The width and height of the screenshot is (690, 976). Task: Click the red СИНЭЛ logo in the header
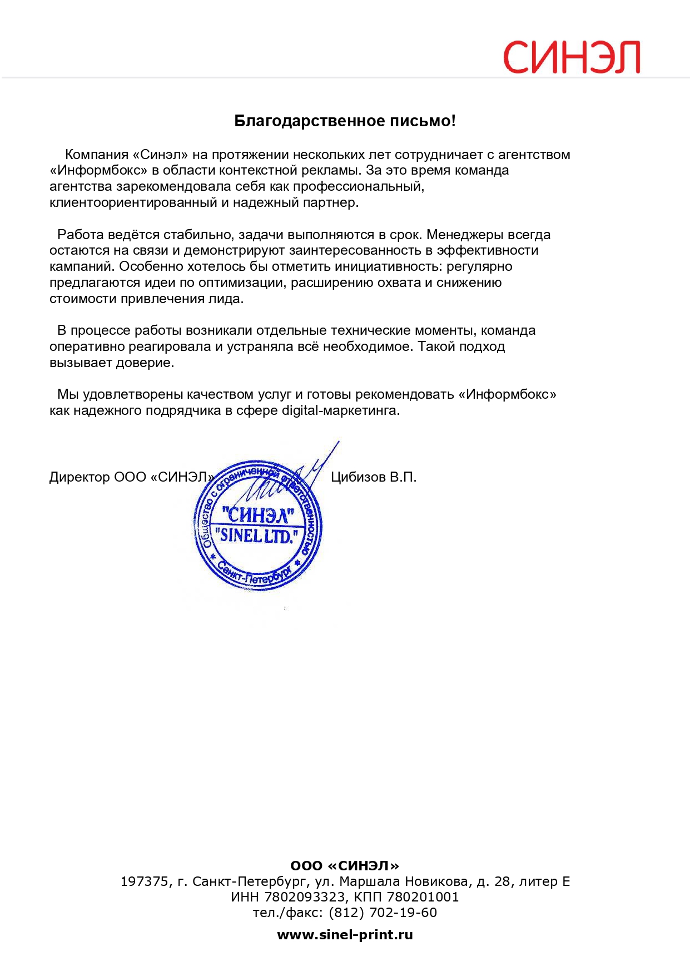(x=572, y=57)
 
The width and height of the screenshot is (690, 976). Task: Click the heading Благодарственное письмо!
(x=345, y=121)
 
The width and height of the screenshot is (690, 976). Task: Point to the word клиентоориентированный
(x=133, y=202)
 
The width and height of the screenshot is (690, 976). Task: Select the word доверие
(x=148, y=363)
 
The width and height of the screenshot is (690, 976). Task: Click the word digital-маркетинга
(x=340, y=410)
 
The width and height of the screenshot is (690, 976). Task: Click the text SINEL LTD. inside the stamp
(x=256, y=536)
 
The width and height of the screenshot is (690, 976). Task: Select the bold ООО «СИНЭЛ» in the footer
(x=345, y=866)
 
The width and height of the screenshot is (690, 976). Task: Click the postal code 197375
(x=145, y=881)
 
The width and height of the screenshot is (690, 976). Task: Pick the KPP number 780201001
(x=423, y=897)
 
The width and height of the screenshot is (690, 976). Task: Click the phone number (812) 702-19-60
(x=383, y=913)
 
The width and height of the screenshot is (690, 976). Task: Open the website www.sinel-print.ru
(x=345, y=935)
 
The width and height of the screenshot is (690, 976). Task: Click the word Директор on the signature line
(x=80, y=477)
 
